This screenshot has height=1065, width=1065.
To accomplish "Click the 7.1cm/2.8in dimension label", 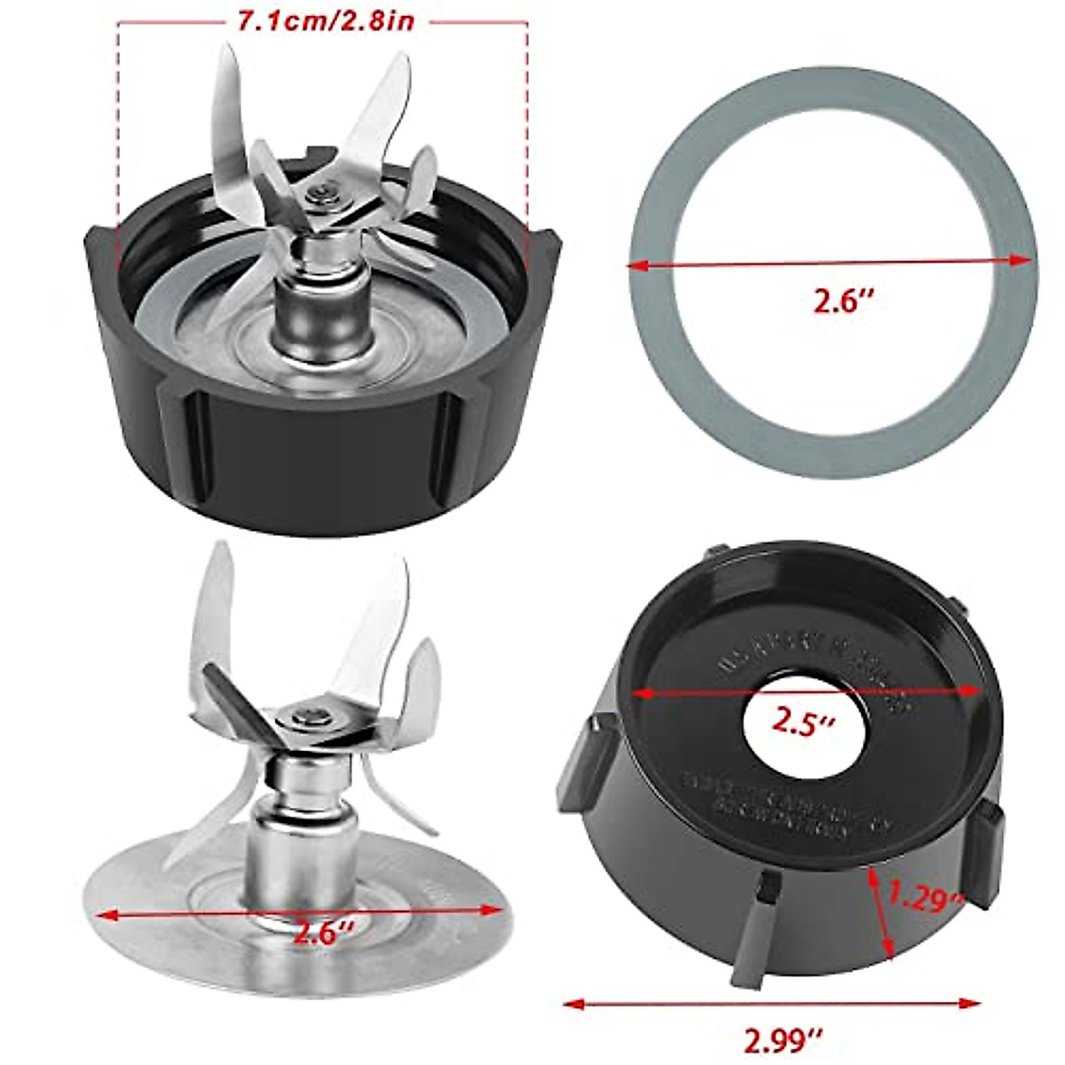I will (x=325, y=20).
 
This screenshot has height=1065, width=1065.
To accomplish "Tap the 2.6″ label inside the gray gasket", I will (x=844, y=302).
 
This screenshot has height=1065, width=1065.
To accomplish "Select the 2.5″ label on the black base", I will (x=803, y=722).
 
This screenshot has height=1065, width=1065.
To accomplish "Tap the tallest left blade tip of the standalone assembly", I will (x=216, y=555).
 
